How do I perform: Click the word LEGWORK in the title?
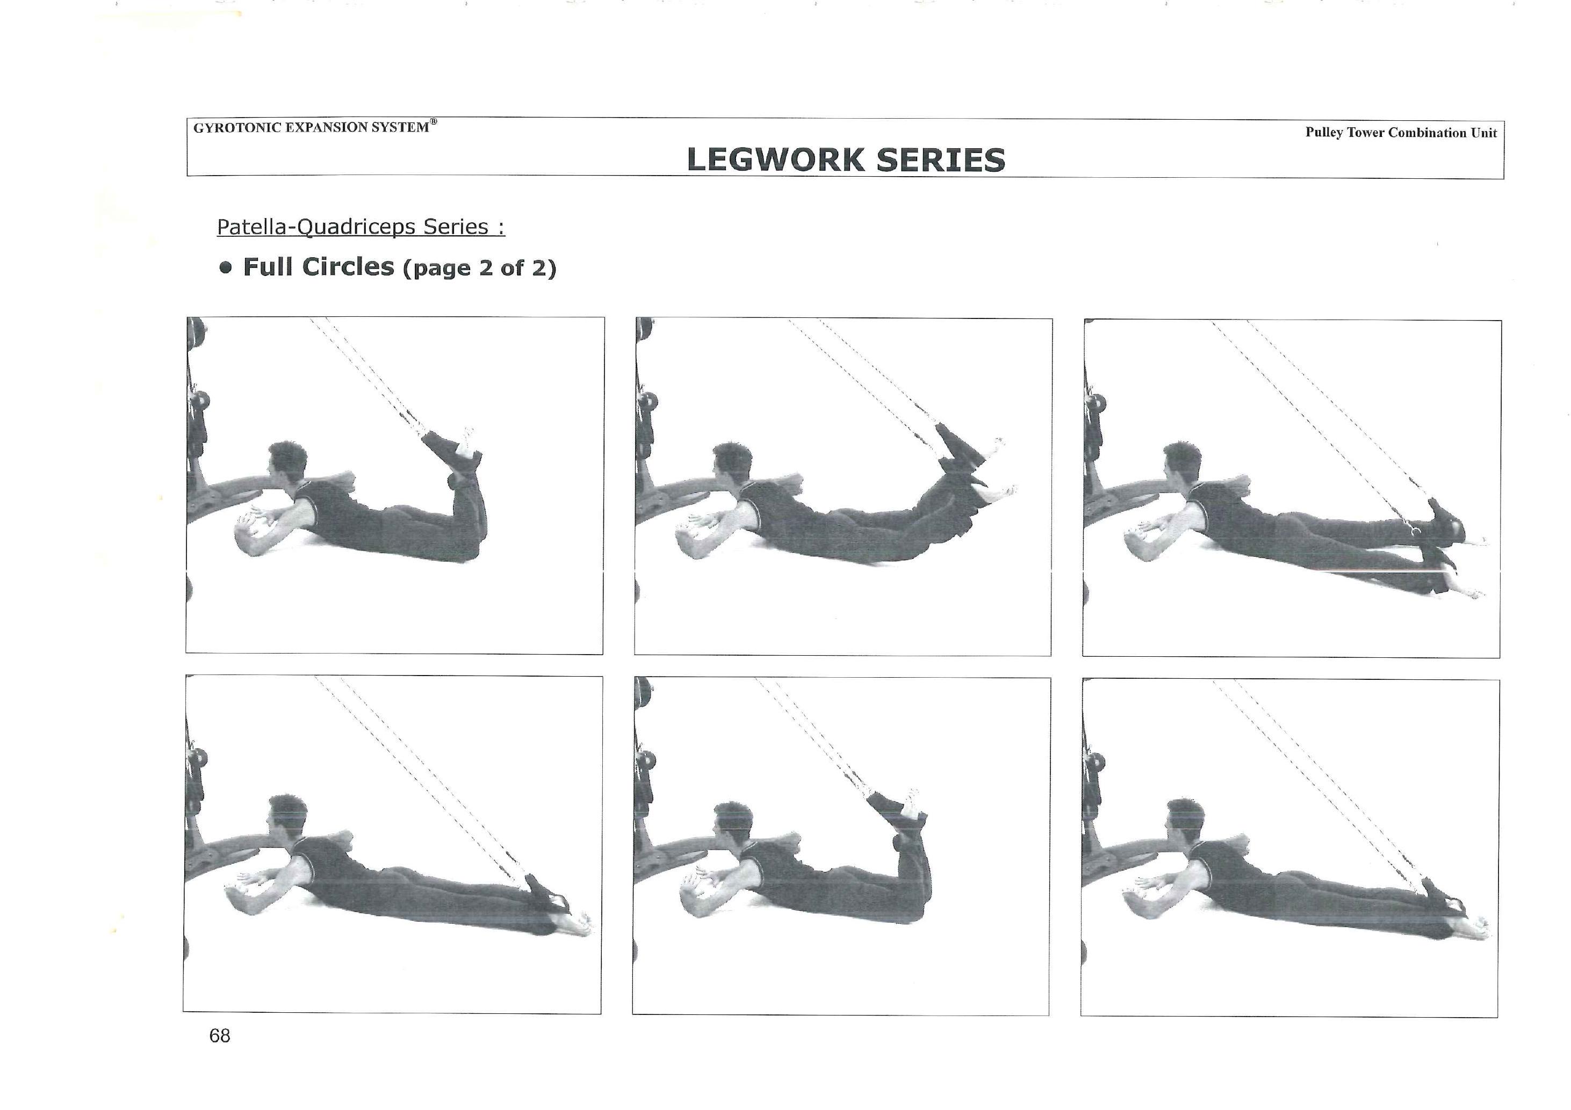pos(776,160)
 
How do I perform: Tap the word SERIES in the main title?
pos(941,160)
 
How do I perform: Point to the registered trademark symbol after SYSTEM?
pos(433,122)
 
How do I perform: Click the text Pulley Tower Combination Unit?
pos(1401,133)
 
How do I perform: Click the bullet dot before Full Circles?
pos(226,267)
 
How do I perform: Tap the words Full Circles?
pos(319,267)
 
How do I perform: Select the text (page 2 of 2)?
pos(480,268)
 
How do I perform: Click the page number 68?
pos(220,1035)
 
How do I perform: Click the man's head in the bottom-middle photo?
pos(731,823)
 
